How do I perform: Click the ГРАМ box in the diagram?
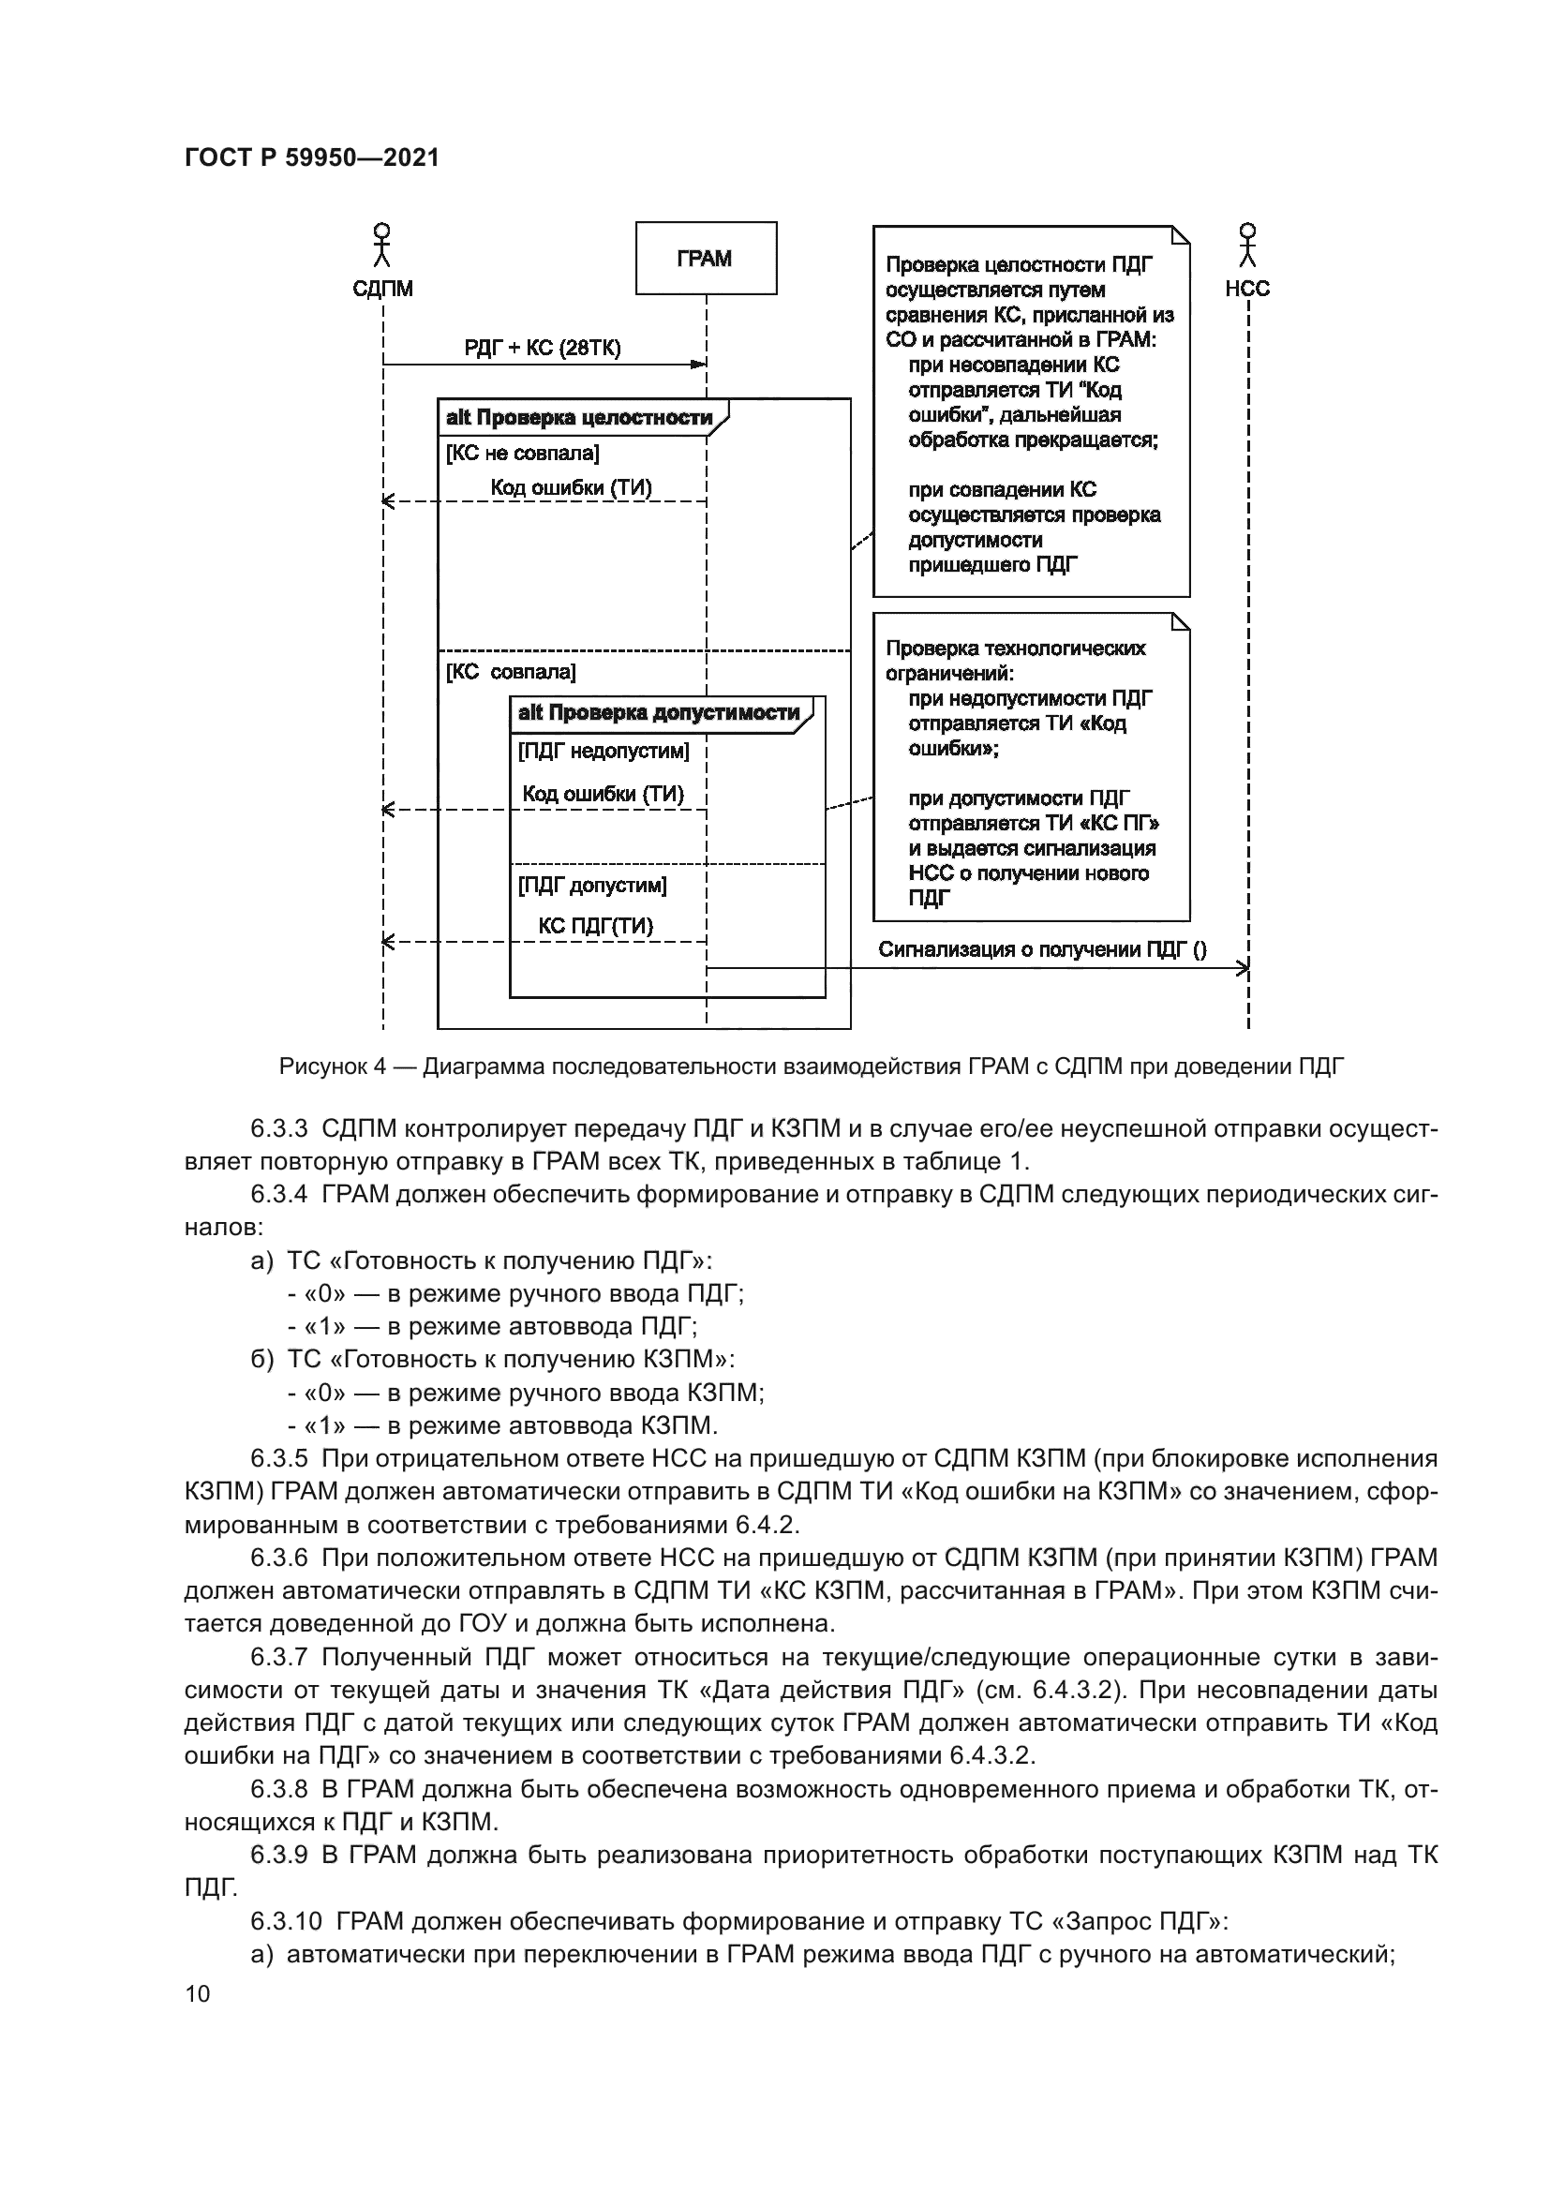pyautogui.click(x=707, y=259)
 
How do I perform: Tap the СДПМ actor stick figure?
pyautogui.click(x=381, y=246)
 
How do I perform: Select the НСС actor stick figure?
pyautogui.click(x=1247, y=246)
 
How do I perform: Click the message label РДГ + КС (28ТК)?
pyautogui.click(x=542, y=348)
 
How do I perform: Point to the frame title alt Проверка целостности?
pyautogui.click(x=579, y=418)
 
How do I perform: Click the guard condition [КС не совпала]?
pyautogui.click(x=522, y=454)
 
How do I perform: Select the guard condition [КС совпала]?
pyautogui.click(x=511, y=672)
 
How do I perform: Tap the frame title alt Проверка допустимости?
pyautogui.click(x=659, y=713)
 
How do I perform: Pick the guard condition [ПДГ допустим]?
pyautogui.click(x=591, y=886)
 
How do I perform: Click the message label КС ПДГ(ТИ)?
pyautogui.click(x=596, y=926)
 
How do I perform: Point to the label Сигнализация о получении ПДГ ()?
pyautogui.click(x=1042, y=950)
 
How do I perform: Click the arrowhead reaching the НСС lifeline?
pyautogui.click(x=1243, y=969)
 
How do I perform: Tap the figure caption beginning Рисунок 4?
pyautogui.click(x=812, y=1067)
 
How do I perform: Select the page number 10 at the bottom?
pyautogui.click(x=198, y=1993)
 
